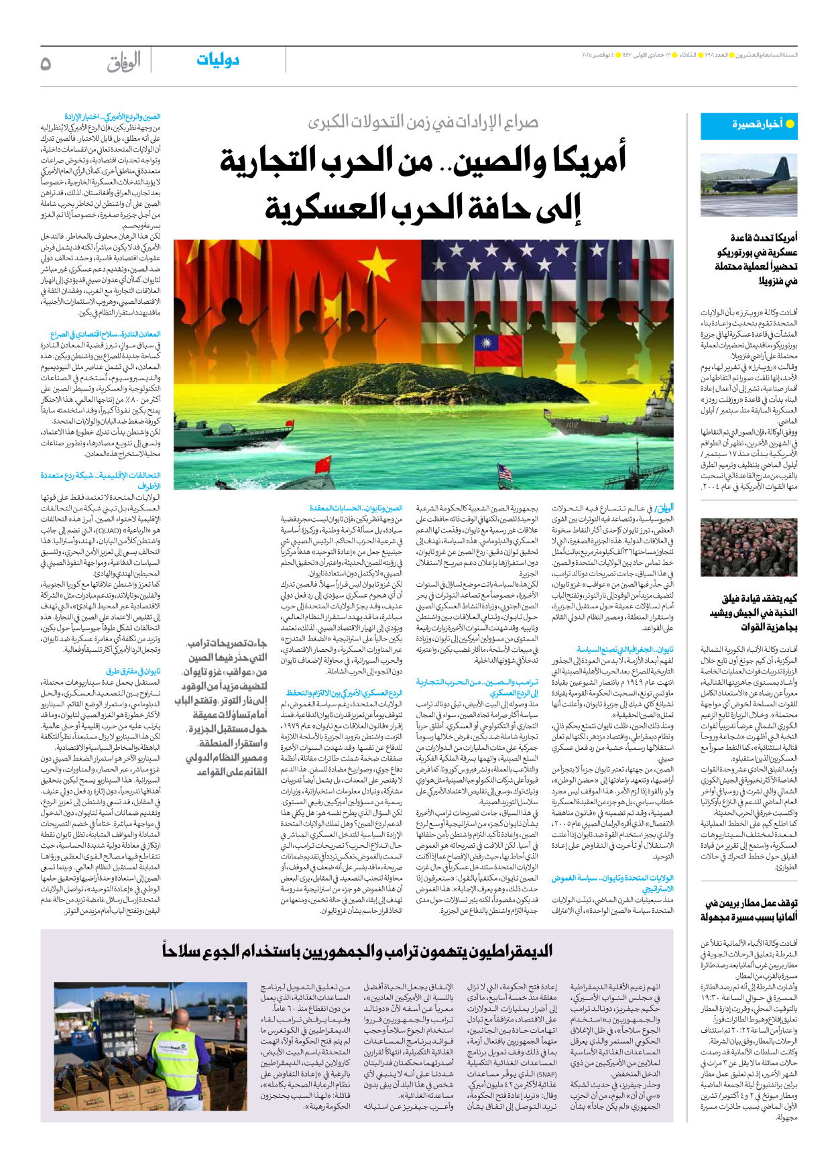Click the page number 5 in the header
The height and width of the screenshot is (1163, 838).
(x=46, y=63)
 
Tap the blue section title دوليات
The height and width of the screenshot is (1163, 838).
(x=218, y=60)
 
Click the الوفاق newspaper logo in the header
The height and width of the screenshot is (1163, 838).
(x=124, y=62)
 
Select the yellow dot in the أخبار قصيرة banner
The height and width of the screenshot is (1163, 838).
(x=789, y=124)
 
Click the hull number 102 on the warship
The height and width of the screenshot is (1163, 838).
(x=571, y=424)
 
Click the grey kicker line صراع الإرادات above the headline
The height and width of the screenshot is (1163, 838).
(x=423, y=122)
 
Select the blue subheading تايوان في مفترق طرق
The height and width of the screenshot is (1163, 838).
(x=133, y=671)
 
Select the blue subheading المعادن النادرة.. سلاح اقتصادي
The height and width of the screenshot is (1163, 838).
(x=106, y=334)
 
